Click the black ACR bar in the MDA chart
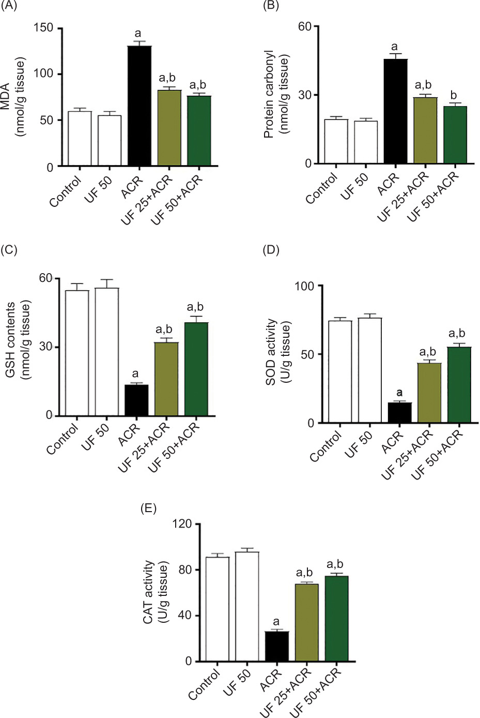[140, 106]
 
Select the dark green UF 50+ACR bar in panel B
[455, 135]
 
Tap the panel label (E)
[149, 508]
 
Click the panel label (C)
[9, 250]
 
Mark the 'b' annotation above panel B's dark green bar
[455, 95]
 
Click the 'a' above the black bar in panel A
[138, 34]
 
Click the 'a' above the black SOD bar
[399, 392]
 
